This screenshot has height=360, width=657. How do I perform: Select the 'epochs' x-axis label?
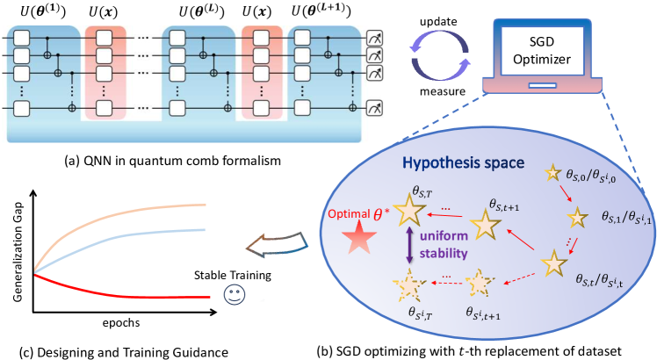tap(120, 323)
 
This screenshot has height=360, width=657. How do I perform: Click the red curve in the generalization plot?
tap(132, 294)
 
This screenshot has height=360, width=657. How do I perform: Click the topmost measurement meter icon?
tap(375, 40)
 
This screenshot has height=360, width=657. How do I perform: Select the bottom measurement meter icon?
tap(375, 108)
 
